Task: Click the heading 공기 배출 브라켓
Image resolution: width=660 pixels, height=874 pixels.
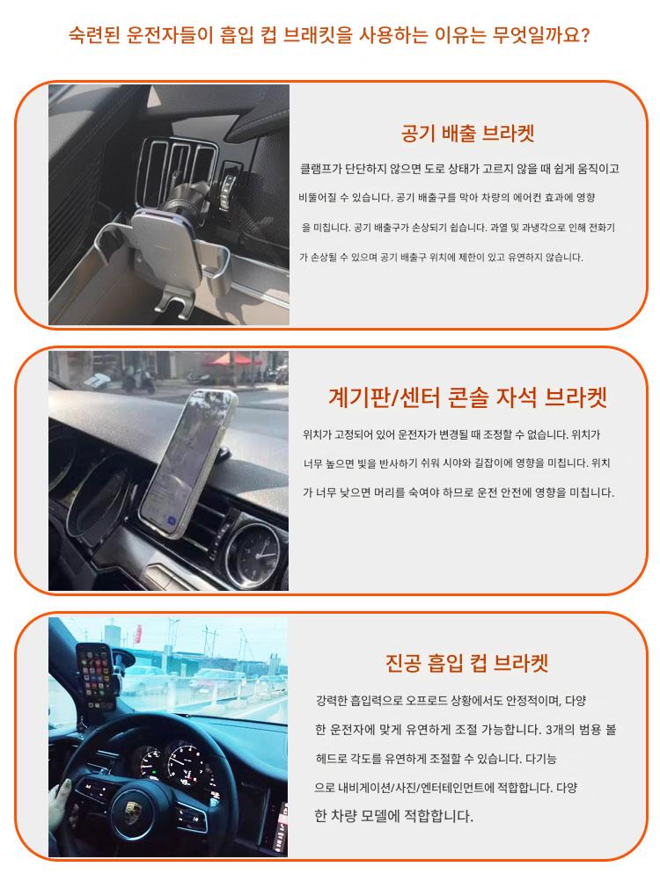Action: pyautogui.click(x=467, y=134)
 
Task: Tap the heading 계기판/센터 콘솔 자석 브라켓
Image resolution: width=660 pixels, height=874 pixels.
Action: pyautogui.click(x=467, y=397)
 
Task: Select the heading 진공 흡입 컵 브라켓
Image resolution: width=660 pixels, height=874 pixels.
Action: pyautogui.click(x=467, y=663)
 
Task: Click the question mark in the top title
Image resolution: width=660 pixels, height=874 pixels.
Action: pyautogui.click(x=584, y=36)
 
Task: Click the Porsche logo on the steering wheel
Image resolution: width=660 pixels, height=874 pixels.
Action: pyautogui.click(x=132, y=809)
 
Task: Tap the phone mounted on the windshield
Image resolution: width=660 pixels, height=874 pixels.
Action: pyautogui.click(x=96, y=676)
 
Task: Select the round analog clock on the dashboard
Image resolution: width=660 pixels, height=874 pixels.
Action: pyautogui.click(x=254, y=547)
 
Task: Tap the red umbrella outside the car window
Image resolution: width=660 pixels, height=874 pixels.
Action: pyautogui.click(x=232, y=359)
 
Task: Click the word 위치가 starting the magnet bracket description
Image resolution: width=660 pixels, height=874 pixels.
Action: pyautogui.click(x=317, y=434)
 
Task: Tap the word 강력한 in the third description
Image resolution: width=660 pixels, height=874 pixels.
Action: pyautogui.click(x=332, y=701)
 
